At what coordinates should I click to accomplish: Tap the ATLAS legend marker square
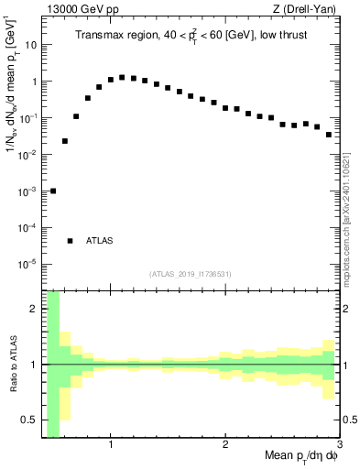[70, 241]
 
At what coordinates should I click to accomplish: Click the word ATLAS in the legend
[99, 241]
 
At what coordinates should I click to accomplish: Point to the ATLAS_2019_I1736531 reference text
[191, 274]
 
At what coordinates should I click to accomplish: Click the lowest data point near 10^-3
[53, 191]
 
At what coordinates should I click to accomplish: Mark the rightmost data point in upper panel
[329, 135]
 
